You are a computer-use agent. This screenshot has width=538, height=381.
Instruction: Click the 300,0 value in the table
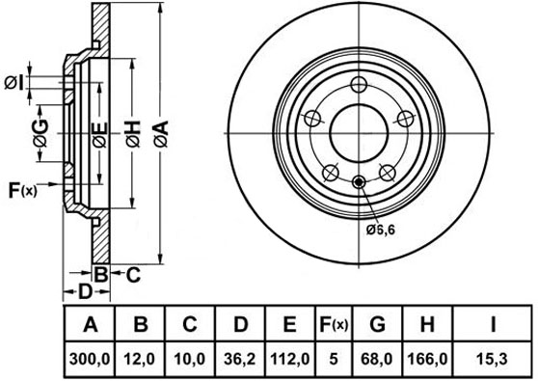90,360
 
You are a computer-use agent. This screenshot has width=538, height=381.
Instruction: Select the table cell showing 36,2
240,360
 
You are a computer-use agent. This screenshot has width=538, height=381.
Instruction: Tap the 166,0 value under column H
427,360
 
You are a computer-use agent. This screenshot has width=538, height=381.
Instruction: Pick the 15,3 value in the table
492,360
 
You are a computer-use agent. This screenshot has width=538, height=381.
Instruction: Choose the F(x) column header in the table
334,324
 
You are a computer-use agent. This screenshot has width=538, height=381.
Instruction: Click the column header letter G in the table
377,324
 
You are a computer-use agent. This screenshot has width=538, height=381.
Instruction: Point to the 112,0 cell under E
290,360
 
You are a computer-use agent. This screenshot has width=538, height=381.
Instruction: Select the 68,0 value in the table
377,360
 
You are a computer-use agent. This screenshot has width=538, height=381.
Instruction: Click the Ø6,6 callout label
381,230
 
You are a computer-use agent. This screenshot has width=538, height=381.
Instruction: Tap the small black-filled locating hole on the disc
359,181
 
